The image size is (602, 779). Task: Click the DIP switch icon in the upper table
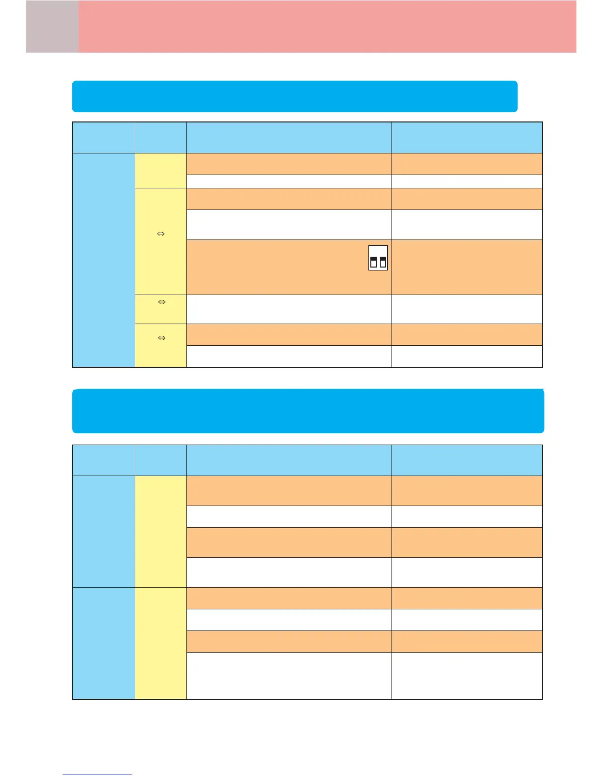pos(378,257)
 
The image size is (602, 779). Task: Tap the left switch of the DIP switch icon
pos(373,261)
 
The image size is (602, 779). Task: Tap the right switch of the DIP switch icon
pos(383,261)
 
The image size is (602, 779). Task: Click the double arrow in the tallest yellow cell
pos(161,234)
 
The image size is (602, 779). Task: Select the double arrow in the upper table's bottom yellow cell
pos(161,338)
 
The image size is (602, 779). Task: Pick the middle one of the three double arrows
pos(161,302)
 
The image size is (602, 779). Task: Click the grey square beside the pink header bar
pos(52,27)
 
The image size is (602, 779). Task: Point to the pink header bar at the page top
pos(327,27)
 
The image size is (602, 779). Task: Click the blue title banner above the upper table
pos(295,96)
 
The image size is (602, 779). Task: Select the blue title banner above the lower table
pos(308,411)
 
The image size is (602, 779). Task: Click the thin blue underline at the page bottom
pos(97,775)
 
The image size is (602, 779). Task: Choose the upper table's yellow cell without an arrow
pos(161,171)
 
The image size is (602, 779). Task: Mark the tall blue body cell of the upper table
pos(104,260)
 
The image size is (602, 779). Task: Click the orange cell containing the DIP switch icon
pos(289,267)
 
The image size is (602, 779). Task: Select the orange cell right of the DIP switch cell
pos(467,267)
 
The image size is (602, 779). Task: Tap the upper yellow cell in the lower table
pos(161,531)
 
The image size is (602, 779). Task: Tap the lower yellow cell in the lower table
pos(161,643)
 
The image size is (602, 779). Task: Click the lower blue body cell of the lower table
pos(104,643)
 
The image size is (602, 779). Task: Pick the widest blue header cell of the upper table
pos(289,138)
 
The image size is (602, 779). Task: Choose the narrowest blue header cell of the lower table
pos(161,460)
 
